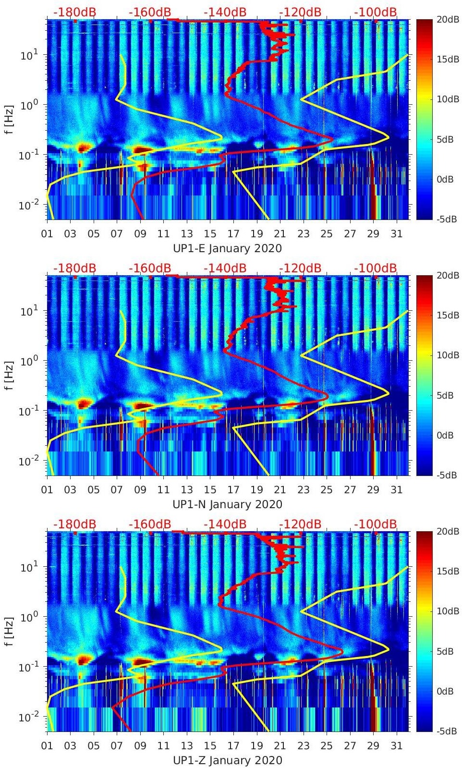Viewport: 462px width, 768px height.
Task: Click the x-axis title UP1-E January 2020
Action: coord(227,248)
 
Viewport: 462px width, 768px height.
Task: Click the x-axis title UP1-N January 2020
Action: coord(227,504)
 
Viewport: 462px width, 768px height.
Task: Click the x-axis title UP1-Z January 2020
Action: coord(227,760)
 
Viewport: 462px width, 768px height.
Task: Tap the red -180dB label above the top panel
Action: coord(74,12)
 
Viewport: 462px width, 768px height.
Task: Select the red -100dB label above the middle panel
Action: coord(376,268)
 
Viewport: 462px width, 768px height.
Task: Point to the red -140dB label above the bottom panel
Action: coord(225,524)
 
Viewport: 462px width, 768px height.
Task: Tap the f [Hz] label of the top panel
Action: coord(10,119)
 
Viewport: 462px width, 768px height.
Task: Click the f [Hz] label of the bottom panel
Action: coord(10,631)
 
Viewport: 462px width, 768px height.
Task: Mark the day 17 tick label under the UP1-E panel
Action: coord(233,234)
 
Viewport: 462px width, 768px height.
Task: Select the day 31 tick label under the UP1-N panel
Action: coord(396,490)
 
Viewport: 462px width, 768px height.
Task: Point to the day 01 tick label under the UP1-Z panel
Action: coord(47,746)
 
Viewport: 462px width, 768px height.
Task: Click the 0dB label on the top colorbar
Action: coord(445,179)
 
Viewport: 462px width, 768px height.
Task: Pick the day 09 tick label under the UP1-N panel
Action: coord(140,490)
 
